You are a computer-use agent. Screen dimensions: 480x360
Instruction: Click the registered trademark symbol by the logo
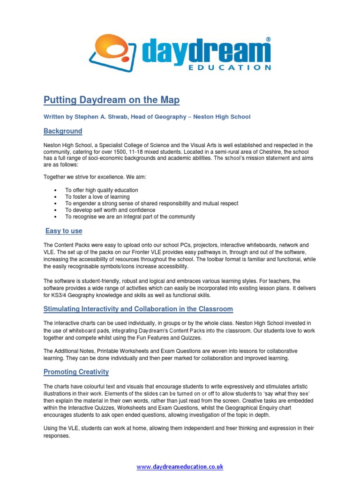tap(268, 40)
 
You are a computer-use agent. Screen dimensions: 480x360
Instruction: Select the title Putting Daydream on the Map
tap(112, 100)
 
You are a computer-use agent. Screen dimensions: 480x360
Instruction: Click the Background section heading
tap(63, 131)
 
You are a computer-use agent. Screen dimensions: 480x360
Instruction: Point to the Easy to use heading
tap(64, 231)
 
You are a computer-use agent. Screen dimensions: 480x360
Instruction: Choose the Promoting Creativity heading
tap(76, 372)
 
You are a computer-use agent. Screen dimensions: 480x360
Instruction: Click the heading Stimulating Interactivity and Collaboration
tap(138, 309)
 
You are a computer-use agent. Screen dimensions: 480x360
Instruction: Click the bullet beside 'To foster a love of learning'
tap(55, 197)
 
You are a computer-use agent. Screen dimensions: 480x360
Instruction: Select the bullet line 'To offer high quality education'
tap(101, 190)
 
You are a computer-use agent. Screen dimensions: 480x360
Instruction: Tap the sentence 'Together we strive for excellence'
tap(94, 177)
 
